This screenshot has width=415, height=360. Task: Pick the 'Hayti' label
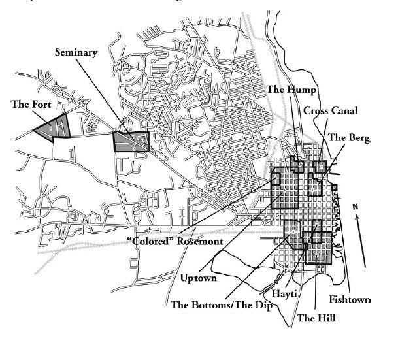(x=285, y=294)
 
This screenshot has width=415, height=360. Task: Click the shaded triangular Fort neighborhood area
(x=52, y=126)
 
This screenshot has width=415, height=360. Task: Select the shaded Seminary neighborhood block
(x=131, y=142)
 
